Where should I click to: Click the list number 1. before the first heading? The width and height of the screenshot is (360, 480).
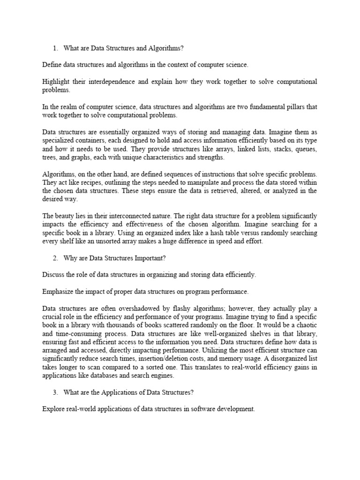coord(55,47)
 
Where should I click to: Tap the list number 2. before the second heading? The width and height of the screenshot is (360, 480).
coord(55,258)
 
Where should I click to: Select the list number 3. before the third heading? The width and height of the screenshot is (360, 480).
coord(55,393)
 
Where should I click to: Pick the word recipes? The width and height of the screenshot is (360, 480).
coord(101,182)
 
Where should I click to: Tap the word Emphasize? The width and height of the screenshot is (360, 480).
coord(58,292)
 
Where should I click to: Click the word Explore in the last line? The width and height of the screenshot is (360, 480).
coord(52,409)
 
